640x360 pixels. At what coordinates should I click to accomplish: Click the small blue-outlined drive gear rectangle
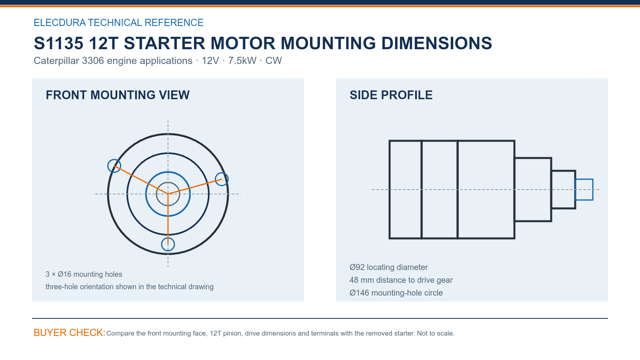584,180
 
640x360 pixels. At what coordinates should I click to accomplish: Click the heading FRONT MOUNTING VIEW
118,95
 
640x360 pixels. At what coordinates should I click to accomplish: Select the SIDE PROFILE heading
391,95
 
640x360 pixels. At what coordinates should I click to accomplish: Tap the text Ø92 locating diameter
388,267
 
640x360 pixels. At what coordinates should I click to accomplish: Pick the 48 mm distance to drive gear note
401,280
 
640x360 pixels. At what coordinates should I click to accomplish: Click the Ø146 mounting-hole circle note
396,293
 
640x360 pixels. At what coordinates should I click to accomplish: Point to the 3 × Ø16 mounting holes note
84,274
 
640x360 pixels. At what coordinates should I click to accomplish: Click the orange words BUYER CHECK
70,332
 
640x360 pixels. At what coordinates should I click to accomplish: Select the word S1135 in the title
58,43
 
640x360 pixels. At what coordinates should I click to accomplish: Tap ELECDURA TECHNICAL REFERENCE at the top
118,22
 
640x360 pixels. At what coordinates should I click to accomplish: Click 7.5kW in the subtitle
242,60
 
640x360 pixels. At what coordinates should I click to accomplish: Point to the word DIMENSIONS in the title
436,43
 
